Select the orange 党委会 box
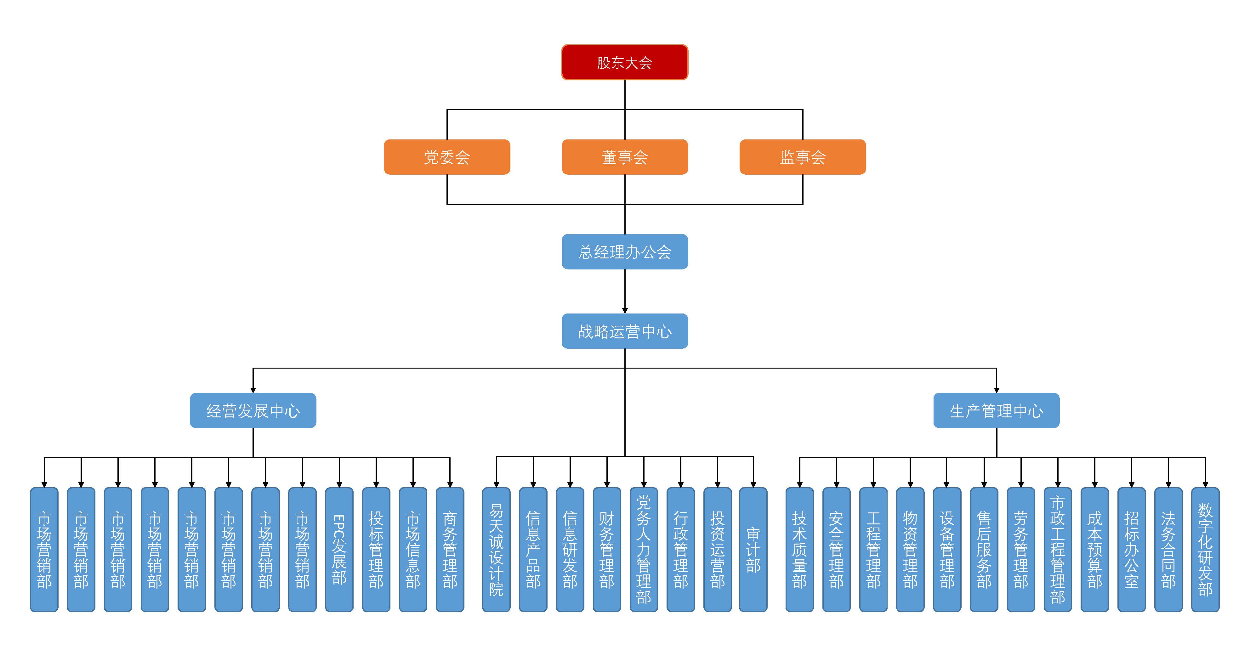447,157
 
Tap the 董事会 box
624,157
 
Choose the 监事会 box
803,157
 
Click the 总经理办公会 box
624,252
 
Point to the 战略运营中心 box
624,331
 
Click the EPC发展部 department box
339,550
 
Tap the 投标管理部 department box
376,550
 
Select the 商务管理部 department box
450,550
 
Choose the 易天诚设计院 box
496,550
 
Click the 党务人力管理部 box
644,550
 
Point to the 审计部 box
753,550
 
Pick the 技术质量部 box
799,550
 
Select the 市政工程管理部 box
1058,550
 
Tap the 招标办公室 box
1132,550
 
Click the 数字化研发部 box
1205,550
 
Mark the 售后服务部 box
984,550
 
